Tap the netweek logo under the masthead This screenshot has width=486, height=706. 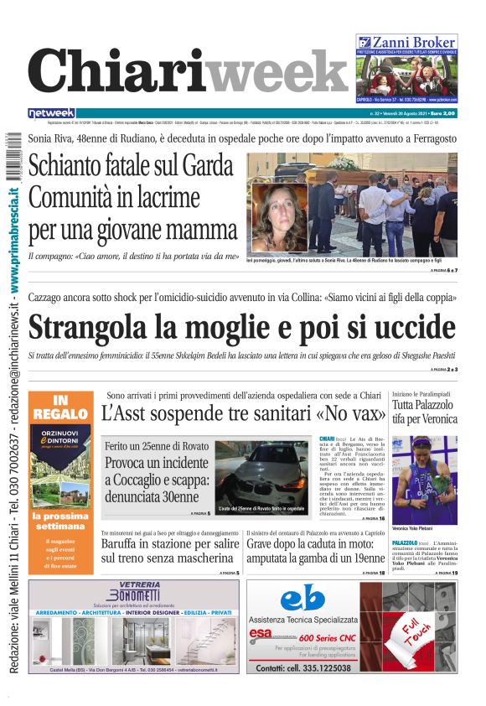tap(51, 112)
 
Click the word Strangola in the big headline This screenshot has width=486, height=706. tap(101, 327)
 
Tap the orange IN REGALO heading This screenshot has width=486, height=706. tap(60, 408)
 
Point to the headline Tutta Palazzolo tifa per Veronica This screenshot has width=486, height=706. tap(425, 411)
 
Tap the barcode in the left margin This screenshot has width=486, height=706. tap(13, 154)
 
